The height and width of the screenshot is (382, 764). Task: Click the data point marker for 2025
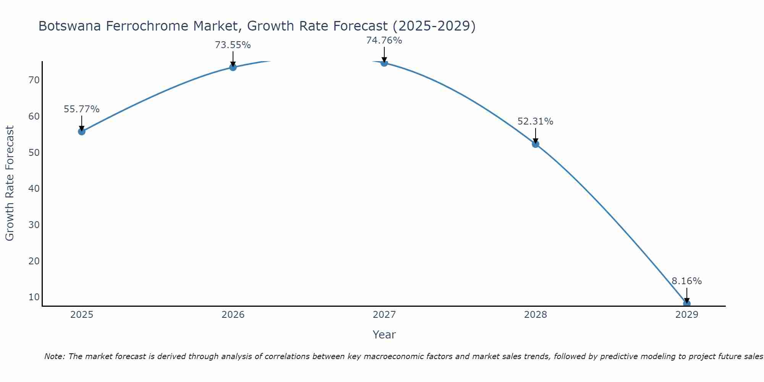[x=81, y=131]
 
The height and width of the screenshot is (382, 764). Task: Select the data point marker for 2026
[x=233, y=67]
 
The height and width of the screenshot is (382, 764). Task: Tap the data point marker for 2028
[x=535, y=144]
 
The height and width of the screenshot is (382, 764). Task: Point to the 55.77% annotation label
[x=81, y=109]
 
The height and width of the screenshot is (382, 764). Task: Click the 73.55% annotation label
[x=233, y=45]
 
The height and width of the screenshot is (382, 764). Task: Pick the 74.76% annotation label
[x=384, y=40]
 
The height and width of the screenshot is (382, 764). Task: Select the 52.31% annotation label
[x=535, y=121]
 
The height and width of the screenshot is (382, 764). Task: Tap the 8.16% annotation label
[x=686, y=281]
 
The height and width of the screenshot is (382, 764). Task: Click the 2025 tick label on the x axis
[x=82, y=315]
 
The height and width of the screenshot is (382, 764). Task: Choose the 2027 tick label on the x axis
[x=384, y=315]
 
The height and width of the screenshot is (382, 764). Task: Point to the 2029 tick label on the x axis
[x=686, y=315]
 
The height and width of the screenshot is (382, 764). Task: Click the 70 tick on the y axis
[x=34, y=80]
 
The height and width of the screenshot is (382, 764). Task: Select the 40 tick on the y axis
[x=34, y=189]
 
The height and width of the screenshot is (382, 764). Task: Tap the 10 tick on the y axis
[x=34, y=297]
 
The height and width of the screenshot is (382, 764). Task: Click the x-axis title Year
[x=384, y=335]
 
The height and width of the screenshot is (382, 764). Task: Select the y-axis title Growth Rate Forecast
[x=10, y=183]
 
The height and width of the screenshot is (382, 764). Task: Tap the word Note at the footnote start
[x=54, y=356]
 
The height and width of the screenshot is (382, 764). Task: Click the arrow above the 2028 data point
[x=535, y=136]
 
